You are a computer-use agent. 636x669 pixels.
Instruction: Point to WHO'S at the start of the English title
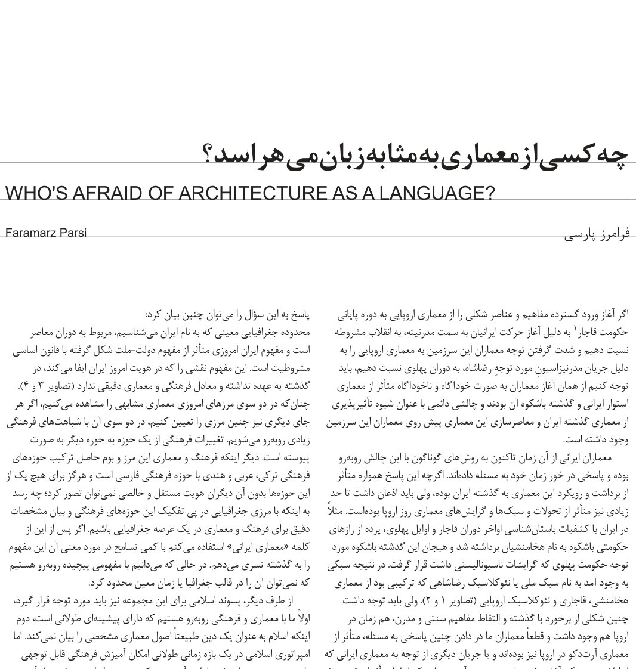click(x=32, y=193)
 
